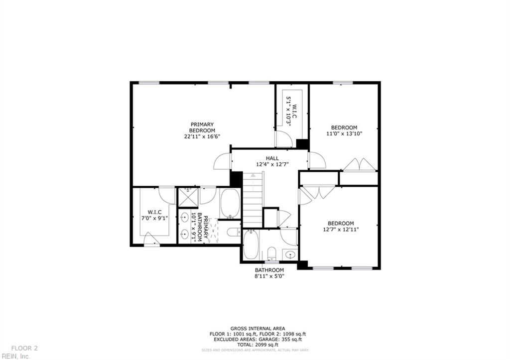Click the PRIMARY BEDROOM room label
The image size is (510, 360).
pyautogui.click(x=202, y=127)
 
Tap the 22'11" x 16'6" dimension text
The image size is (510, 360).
pyautogui.click(x=202, y=136)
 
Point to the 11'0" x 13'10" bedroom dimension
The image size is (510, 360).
pyautogui.click(x=344, y=133)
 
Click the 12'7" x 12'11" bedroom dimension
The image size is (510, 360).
pyautogui.click(x=341, y=230)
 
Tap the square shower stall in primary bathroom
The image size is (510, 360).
pyautogui.click(x=187, y=196)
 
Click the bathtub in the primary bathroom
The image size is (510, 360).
pyautogui.click(x=230, y=203)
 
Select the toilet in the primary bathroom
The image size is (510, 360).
pyautogui.click(x=233, y=232)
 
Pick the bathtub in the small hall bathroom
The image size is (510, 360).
pyautogui.click(x=251, y=245)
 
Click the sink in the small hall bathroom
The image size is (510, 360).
pyautogui.click(x=289, y=255)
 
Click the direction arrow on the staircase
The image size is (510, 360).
pyautogui.click(x=253, y=175)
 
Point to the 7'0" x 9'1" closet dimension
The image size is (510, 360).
pyautogui.click(x=154, y=218)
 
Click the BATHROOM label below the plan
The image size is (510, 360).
pyautogui.click(x=269, y=270)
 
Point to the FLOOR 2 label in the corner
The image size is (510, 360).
pyautogui.click(x=24, y=348)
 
